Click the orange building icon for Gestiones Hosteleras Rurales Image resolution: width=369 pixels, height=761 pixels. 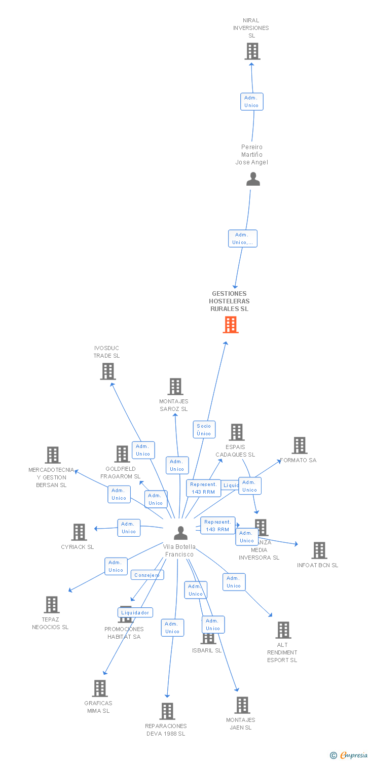tap(231, 325)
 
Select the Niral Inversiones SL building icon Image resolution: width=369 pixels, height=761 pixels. tap(252, 51)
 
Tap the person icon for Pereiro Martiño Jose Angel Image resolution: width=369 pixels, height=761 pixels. tap(252, 179)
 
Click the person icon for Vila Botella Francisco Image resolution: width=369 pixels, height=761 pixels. tap(180, 533)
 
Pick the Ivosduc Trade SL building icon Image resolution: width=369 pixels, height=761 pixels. tap(107, 371)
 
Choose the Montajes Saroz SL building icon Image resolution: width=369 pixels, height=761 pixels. tap(175, 387)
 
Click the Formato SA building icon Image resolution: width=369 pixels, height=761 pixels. tap(300, 445)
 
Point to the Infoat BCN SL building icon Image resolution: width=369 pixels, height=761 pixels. tap(319, 550)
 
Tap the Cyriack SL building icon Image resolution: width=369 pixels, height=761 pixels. tap(79, 532)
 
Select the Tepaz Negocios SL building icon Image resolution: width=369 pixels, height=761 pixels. tap(52, 605)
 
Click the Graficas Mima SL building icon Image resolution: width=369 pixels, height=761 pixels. tap(100, 688)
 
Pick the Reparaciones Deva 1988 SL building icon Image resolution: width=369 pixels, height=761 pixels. tap(167, 711)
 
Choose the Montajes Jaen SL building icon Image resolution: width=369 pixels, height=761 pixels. tap(242, 705)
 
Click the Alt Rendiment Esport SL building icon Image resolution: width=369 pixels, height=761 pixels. tap(283, 630)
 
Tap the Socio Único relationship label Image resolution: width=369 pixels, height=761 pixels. tap(204, 430)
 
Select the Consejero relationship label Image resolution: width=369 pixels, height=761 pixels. tap(147, 575)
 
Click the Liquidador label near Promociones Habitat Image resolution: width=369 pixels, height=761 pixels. tap(135, 613)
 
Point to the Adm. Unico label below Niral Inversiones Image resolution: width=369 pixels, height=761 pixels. tap(251, 101)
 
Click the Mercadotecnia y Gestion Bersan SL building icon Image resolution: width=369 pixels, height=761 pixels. tap(52, 455)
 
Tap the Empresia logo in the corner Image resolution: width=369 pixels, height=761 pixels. tap(350, 755)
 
